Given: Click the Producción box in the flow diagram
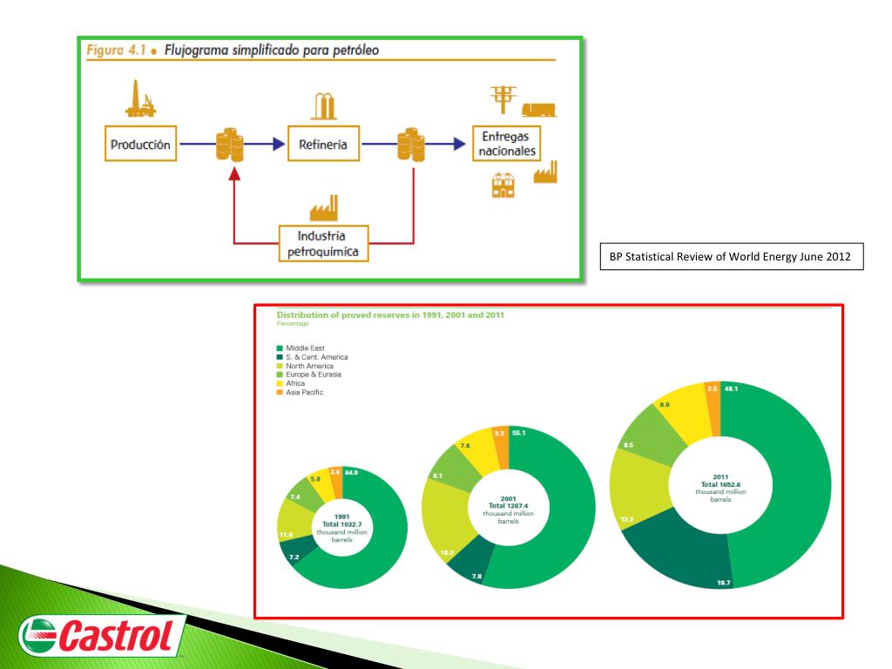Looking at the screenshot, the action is [x=140, y=145].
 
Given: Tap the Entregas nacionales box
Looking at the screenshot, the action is [x=505, y=145].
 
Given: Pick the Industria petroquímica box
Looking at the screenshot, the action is [x=322, y=244].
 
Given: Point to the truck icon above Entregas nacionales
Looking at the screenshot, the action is [x=539, y=109].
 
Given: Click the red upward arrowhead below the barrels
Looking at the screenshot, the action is [x=233, y=174].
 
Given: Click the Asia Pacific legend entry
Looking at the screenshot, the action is [x=305, y=392].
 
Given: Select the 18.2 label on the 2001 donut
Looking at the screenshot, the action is [x=446, y=552].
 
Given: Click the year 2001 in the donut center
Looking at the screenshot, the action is [x=509, y=499].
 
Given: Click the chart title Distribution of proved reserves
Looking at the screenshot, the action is [x=390, y=314].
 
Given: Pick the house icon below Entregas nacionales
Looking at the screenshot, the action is [x=503, y=184].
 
